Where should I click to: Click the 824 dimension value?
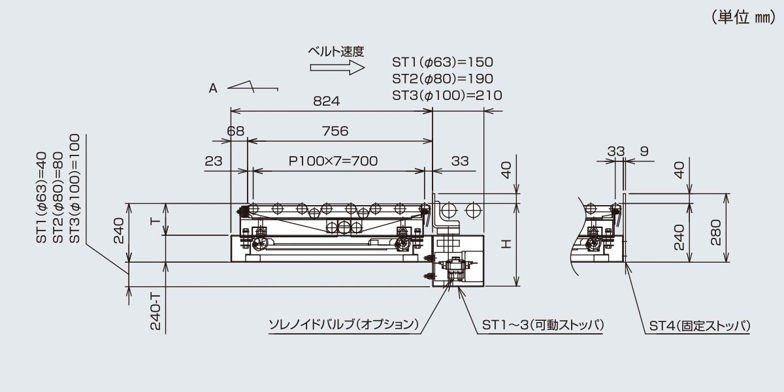coord(326,101)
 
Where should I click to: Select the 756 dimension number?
coord(335,131)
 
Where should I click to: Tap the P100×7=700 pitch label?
coord(333,161)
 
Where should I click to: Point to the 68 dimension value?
coord(236,131)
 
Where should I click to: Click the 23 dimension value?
coord(214,161)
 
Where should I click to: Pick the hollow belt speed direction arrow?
coord(337,67)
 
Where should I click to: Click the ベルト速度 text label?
coord(336,52)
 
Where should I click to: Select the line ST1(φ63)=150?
coord(442,62)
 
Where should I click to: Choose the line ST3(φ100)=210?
coord(447,95)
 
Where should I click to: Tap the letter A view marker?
coord(213,89)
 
